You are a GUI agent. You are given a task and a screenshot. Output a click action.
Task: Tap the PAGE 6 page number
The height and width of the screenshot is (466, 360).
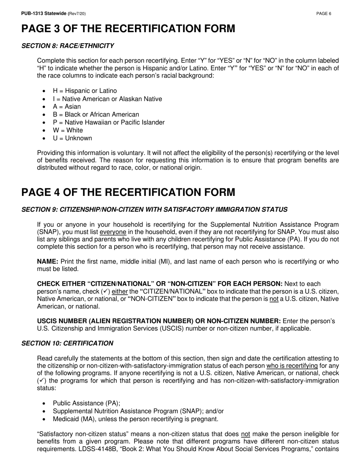tap(324, 14)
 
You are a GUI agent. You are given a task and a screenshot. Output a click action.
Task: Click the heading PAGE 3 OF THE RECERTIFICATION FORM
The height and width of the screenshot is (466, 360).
tap(128, 29)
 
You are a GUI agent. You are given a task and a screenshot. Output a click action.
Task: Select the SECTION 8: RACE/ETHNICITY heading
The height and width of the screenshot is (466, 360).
tap(67, 46)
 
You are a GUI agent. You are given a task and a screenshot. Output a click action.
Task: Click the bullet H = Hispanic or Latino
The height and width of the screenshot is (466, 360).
tap(85, 91)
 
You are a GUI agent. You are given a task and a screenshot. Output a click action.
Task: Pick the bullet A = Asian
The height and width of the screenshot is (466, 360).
tap(67, 106)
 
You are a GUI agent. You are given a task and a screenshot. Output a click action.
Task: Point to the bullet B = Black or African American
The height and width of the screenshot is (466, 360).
tap(96, 114)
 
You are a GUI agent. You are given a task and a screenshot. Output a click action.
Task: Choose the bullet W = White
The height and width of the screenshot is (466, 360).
tap(68, 130)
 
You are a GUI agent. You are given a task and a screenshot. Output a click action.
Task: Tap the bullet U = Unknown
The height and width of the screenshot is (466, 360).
tap(72, 138)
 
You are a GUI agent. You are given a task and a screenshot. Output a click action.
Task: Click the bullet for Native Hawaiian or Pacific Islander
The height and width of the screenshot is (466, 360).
tap(109, 122)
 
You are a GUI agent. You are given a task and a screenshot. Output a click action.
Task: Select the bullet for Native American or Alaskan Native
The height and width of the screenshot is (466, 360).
tap(107, 99)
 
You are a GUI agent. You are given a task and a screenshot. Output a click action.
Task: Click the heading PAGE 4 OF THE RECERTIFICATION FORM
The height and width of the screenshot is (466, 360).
tap(128, 192)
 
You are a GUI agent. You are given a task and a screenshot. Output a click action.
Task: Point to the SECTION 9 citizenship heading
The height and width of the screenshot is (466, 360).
tap(154, 210)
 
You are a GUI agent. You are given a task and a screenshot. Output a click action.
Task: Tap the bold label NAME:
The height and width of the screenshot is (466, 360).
tap(47, 262)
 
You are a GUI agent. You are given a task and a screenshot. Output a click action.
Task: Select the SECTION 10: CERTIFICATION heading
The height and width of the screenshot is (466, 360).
tap(67, 343)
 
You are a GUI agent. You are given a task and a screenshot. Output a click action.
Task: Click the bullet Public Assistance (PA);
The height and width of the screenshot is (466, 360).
tap(86, 403)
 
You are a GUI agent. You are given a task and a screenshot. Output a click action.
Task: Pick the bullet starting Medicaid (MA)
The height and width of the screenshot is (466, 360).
tap(135, 419)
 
